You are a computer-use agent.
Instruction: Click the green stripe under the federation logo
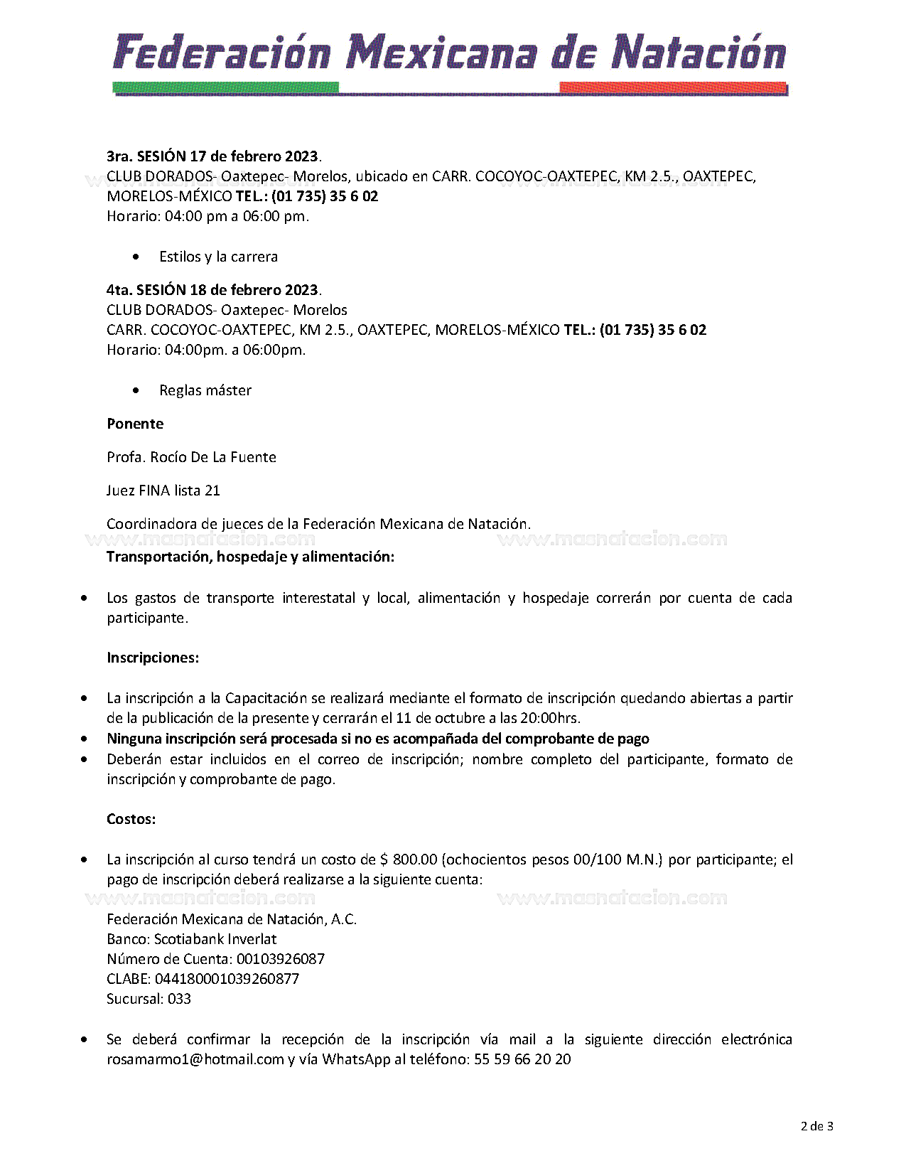[x=225, y=88]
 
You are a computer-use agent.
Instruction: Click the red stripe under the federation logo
[x=673, y=88]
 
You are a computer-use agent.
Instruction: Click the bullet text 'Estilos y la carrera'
[x=218, y=257]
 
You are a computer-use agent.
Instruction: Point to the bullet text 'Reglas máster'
[x=205, y=390]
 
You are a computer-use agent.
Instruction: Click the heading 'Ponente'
[x=135, y=424]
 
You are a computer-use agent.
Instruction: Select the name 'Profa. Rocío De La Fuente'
[x=191, y=457]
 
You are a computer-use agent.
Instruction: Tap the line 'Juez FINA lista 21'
[x=163, y=491]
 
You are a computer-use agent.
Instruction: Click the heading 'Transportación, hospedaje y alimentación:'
[x=250, y=557]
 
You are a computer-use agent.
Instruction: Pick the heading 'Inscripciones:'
[x=153, y=658]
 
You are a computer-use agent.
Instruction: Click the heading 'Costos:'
[x=131, y=819]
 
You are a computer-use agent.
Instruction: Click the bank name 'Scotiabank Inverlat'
[x=215, y=939]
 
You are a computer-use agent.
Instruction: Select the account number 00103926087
[x=281, y=959]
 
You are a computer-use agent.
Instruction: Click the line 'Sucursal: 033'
[x=149, y=999]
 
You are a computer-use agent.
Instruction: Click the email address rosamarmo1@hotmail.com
[x=195, y=1059]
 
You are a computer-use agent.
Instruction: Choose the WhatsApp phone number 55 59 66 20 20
[x=522, y=1059]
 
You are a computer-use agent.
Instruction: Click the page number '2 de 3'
[x=816, y=1126]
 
